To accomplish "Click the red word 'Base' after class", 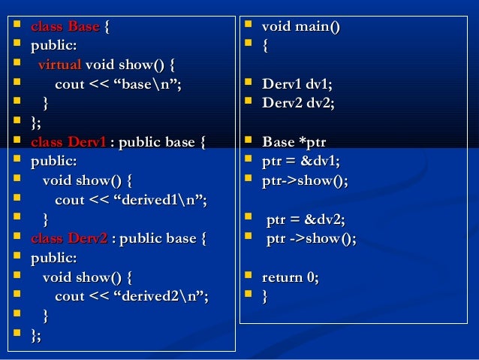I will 83,28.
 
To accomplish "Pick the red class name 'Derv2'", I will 87,240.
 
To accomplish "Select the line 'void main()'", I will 300,28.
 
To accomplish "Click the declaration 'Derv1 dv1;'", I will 297,84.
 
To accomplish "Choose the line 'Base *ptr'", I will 295,142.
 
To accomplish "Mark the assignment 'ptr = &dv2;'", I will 306,220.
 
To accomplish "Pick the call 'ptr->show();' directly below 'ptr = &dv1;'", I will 305,181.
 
